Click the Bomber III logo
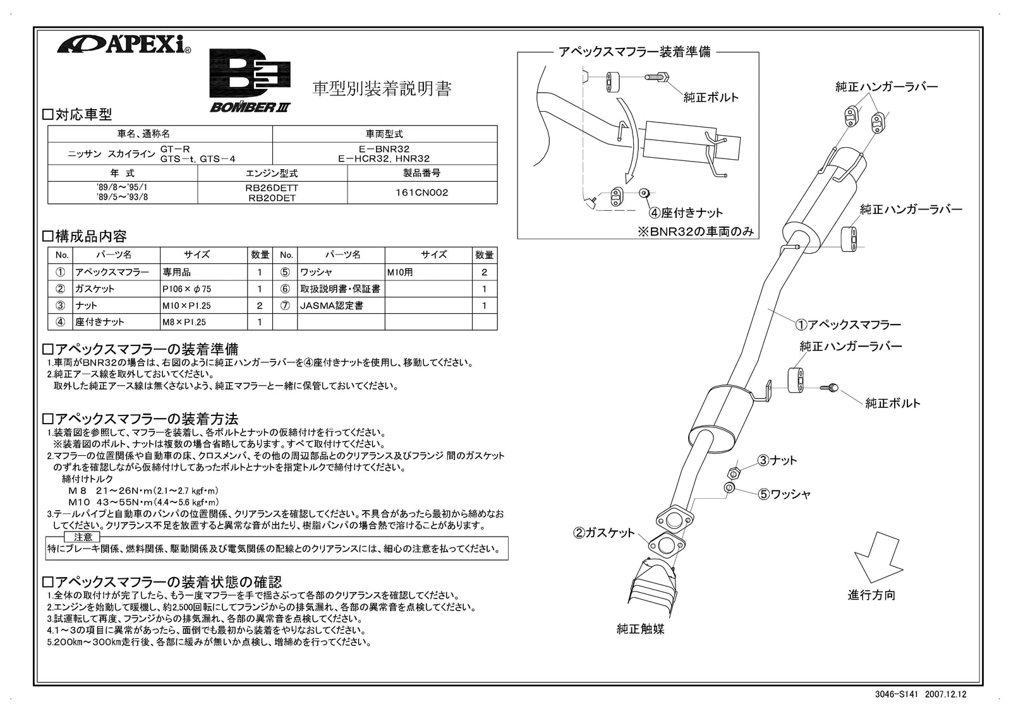pos(250,81)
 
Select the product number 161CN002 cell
pos(421,193)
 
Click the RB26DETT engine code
pos(272,187)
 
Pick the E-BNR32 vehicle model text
pos(384,150)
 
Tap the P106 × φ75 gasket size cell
pos(186,289)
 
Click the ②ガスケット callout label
pos(603,533)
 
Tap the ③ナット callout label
pos(777,460)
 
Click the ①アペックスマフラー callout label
pos(847,324)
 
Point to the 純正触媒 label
pos(640,629)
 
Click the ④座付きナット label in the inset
pos(686,213)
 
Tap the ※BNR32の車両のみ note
pos(696,232)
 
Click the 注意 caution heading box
pos(83,537)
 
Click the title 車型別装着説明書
pos(382,89)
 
